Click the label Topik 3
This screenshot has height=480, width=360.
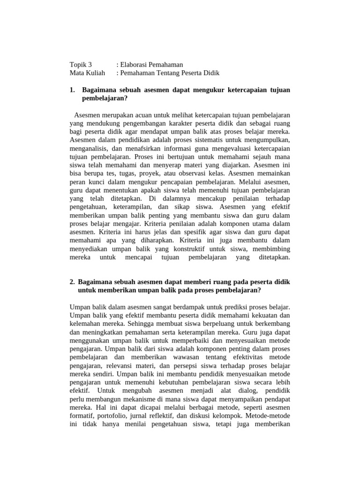[x=81, y=65]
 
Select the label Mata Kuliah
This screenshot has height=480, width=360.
[x=86, y=73]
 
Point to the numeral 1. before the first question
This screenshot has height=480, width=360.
[x=72, y=90]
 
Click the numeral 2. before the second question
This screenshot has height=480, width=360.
[x=72, y=282]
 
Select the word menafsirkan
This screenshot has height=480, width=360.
[x=135, y=149]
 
